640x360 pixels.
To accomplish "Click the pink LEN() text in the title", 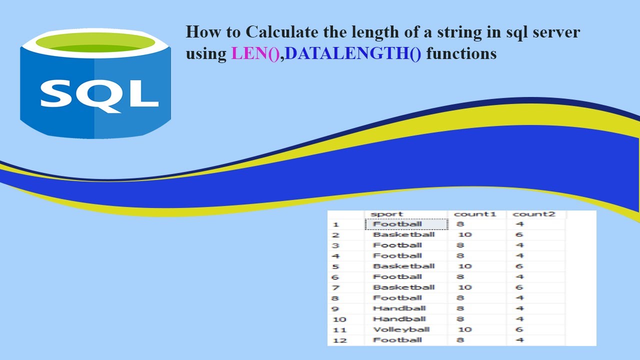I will coord(255,53).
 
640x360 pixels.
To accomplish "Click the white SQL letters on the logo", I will coord(99,94).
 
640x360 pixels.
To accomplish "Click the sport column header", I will coord(386,214).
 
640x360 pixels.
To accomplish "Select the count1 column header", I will coord(474,214).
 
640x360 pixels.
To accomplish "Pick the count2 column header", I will coord(534,214).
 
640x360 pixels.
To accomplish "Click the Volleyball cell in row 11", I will coord(401,329).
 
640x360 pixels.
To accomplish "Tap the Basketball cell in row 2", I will coord(403,234).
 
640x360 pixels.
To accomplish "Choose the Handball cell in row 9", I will coord(399,308).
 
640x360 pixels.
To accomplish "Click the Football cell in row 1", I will coord(397,224).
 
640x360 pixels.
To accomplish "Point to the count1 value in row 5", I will coord(464,266).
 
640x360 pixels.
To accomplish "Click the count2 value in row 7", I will coord(519,287).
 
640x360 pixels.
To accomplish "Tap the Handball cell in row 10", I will coord(399,319).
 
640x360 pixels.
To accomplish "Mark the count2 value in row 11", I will coord(519,329).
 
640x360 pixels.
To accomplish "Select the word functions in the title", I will coord(461,53).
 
